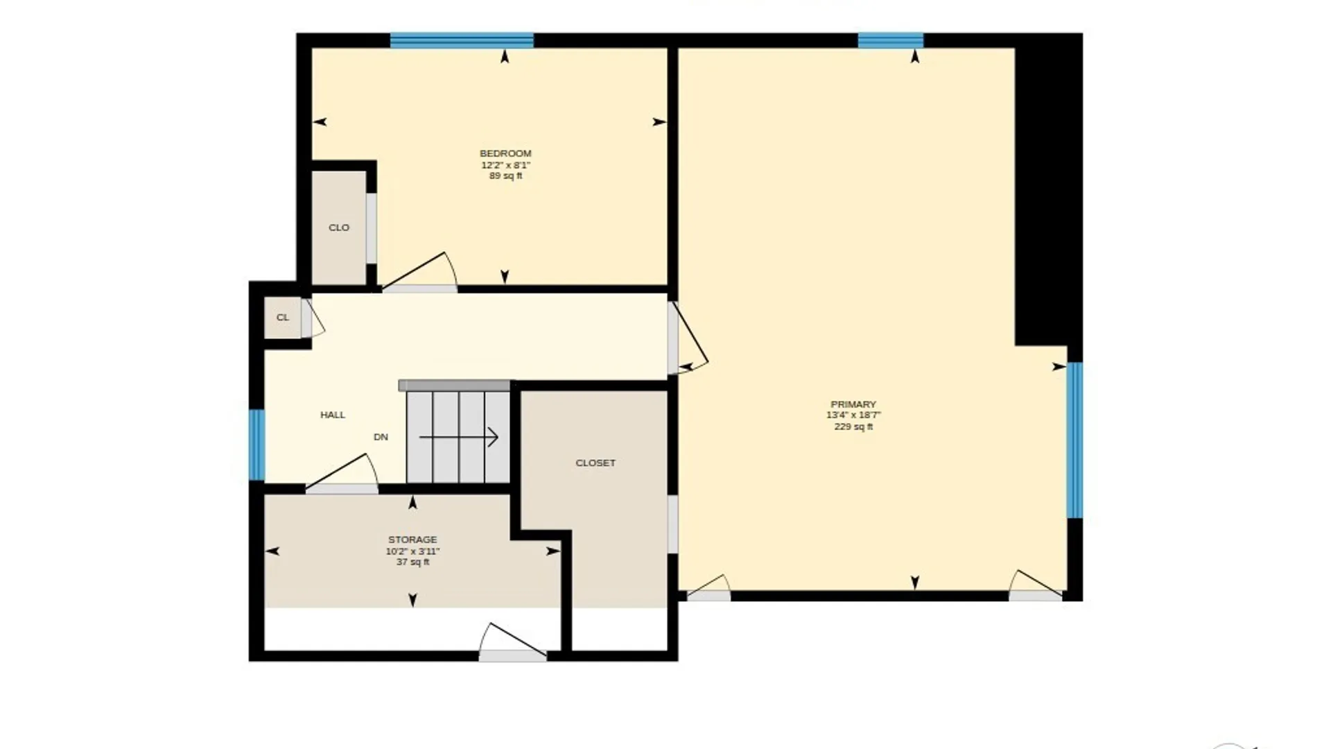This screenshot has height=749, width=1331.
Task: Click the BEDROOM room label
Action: point(505,153)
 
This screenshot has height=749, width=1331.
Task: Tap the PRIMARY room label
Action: point(853,404)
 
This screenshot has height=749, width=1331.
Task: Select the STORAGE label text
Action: point(412,540)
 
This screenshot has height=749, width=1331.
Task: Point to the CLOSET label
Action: point(595,463)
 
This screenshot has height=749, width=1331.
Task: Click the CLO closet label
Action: point(339,227)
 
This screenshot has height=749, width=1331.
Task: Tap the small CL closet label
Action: point(283,318)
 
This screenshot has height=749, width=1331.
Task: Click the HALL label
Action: point(333,415)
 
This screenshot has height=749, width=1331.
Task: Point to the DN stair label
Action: point(381,437)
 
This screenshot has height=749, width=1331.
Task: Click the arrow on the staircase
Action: point(459,438)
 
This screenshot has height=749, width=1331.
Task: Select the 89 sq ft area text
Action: point(506,176)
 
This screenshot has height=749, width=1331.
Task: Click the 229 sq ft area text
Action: point(853,427)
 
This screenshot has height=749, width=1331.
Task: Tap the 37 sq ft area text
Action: point(412,562)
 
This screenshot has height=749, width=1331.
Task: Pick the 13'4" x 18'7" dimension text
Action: point(853,415)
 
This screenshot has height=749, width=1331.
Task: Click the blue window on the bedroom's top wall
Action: point(462,40)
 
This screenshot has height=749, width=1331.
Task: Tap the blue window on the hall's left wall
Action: point(256,445)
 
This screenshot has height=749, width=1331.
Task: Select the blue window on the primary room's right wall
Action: point(1075,440)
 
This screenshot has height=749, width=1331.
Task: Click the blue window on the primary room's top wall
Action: point(891,40)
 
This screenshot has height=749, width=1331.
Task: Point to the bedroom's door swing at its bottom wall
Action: point(419,271)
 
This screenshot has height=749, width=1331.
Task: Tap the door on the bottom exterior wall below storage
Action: point(512,642)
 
